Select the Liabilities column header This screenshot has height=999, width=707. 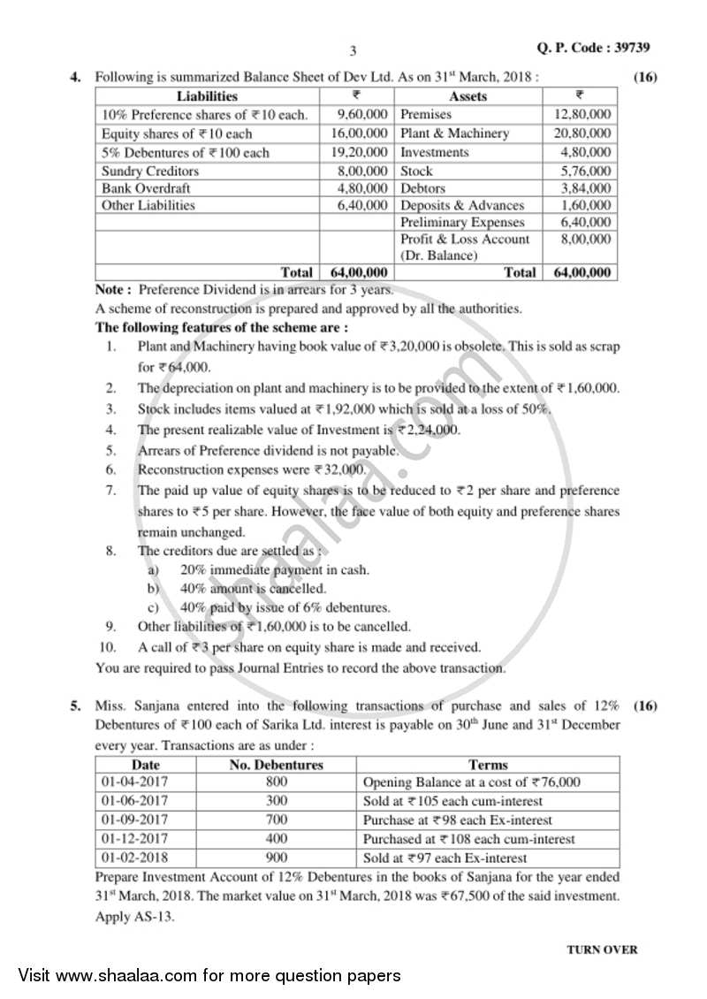tap(207, 95)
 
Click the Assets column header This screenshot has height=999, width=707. tap(468, 95)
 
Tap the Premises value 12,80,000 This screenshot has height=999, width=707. tap(582, 114)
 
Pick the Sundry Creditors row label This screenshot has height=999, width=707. tap(150, 171)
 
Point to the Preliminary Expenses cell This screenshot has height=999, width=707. tap(462, 222)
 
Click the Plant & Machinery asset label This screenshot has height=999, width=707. tap(454, 133)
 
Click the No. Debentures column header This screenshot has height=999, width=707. tap(276, 765)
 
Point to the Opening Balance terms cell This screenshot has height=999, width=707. tap(471, 782)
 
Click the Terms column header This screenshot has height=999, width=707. tap(488, 765)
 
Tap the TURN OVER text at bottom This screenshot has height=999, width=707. tap(601, 949)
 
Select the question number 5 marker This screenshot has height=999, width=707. tap(75, 705)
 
